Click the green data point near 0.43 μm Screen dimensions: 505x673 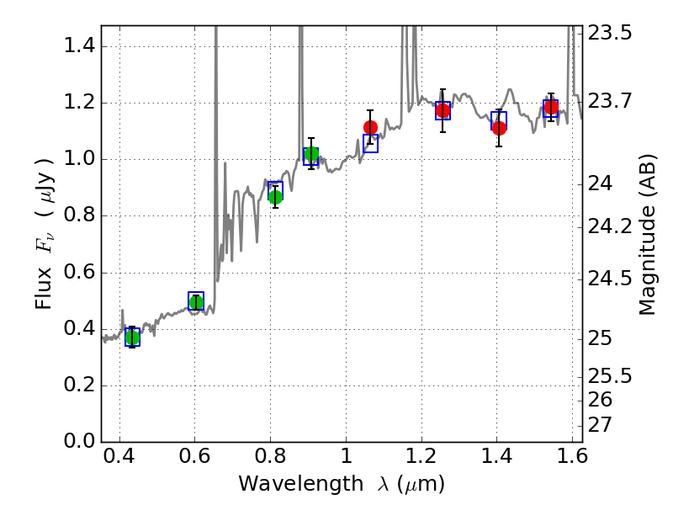click(132, 338)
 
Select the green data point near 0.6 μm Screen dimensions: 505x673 click(196, 302)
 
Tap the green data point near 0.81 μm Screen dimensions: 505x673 click(275, 197)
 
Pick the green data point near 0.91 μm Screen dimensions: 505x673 click(311, 154)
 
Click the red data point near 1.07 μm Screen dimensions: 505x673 click(370, 127)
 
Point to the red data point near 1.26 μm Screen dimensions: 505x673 click(442, 110)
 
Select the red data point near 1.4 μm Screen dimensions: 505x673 click(499, 128)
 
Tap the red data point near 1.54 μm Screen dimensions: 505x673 click(551, 107)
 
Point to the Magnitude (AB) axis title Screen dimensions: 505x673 click(647, 235)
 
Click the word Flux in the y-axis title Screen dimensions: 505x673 click(45, 286)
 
